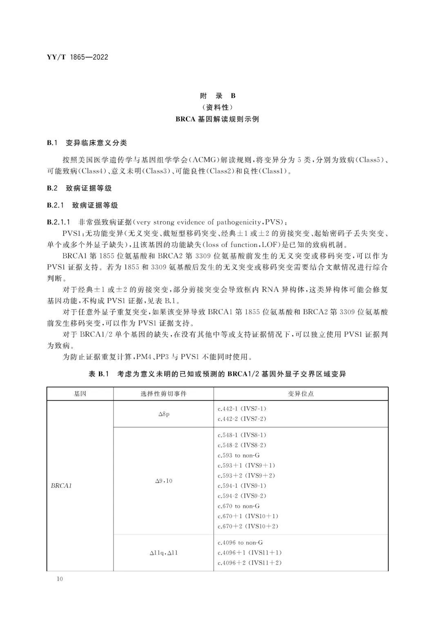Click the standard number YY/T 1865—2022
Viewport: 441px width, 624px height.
[x=78, y=57]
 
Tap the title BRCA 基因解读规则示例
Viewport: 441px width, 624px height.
[x=217, y=119]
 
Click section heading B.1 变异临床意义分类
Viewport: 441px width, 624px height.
[x=87, y=143]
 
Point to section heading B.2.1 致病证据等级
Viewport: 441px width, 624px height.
[x=82, y=205]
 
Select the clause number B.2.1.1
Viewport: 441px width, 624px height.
[x=59, y=222]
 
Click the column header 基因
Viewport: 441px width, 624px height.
[x=80, y=394]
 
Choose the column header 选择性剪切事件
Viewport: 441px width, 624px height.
[x=163, y=394]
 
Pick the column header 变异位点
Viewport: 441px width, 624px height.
[x=301, y=394]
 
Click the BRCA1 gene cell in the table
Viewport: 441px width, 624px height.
[x=61, y=486]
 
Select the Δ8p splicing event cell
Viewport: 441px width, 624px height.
[x=164, y=414]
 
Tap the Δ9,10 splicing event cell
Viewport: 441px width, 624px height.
[x=164, y=481]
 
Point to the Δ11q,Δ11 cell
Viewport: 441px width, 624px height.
[x=164, y=553]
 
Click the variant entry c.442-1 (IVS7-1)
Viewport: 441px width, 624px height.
[x=242, y=409]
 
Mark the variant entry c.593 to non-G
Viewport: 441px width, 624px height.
[x=238, y=455]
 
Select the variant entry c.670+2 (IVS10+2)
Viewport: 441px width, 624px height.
[x=248, y=526]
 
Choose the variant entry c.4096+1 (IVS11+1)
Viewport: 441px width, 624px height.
[x=249, y=552]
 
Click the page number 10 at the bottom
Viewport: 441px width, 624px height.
[x=60, y=579]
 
